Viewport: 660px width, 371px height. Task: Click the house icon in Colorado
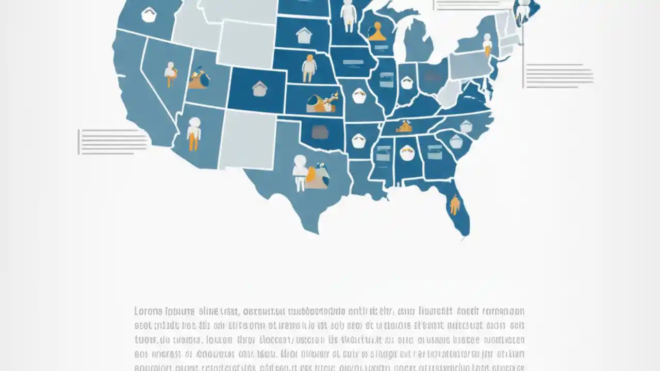tap(259, 89)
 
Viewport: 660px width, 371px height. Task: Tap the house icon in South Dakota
tap(304, 35)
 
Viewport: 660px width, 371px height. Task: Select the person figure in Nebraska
tap(308, 68)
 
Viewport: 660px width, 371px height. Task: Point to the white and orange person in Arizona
tap(194, 133)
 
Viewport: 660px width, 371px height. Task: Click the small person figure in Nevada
tap(170, 74)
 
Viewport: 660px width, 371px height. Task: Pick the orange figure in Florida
tap(454, 204)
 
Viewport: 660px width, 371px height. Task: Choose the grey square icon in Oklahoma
tap(320, 132)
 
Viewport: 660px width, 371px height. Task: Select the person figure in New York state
tap(487, 44)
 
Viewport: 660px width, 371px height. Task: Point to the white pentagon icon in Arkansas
tap(359, 140)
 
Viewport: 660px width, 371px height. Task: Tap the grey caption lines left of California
tap(112, 142)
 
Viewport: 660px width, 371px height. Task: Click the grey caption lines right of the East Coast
tap(559, 76)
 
